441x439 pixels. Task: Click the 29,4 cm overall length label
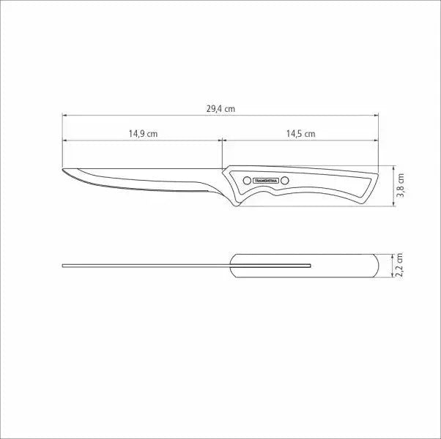220,108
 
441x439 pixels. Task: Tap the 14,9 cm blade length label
143,133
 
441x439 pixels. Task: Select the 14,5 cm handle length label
300,133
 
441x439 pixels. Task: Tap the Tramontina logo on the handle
266,179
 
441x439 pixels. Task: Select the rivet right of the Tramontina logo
286,180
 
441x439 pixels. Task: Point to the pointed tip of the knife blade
64,170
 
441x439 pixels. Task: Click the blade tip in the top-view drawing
64,265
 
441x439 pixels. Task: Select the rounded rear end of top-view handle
377,265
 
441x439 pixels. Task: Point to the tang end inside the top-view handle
311,264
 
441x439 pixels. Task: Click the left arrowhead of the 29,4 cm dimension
65,115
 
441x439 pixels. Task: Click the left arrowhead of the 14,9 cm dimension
65,140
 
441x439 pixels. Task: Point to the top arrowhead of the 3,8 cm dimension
395,165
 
